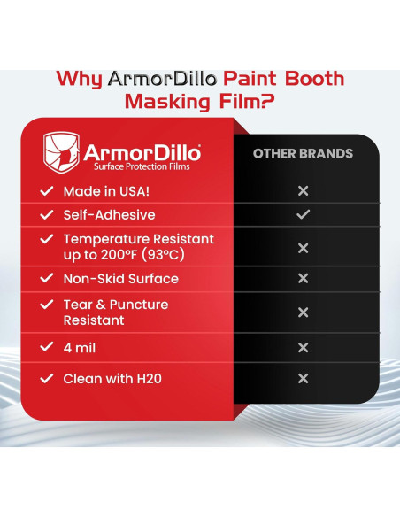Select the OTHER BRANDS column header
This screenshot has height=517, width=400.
(x=303, y=153)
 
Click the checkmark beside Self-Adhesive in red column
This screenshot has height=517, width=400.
(x=46, y=215)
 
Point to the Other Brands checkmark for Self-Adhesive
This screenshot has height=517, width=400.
(x=303, y=214)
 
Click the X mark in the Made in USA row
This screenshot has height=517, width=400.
(x=303, y=191)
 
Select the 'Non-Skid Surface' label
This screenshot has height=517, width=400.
(x=120, y=279)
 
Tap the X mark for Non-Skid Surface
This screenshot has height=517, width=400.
(x=303, y=279)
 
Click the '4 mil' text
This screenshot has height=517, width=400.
(x=80, y=348)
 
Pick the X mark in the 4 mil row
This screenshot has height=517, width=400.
(x=303, y=348)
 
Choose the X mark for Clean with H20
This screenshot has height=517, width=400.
(x=303, y=378)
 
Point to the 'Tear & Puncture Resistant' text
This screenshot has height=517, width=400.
(x=115, y=313)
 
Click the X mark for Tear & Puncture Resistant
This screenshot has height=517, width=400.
(x=303, y=313)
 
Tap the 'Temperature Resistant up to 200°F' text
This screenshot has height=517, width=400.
(x=138, y=247)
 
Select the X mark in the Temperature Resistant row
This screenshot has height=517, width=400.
(x=303, y=248)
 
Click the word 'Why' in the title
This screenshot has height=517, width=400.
(x=79, y=79)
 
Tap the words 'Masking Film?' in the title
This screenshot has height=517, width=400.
(x=199, y=102)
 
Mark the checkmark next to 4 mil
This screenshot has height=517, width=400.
(x=46, y=348)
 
